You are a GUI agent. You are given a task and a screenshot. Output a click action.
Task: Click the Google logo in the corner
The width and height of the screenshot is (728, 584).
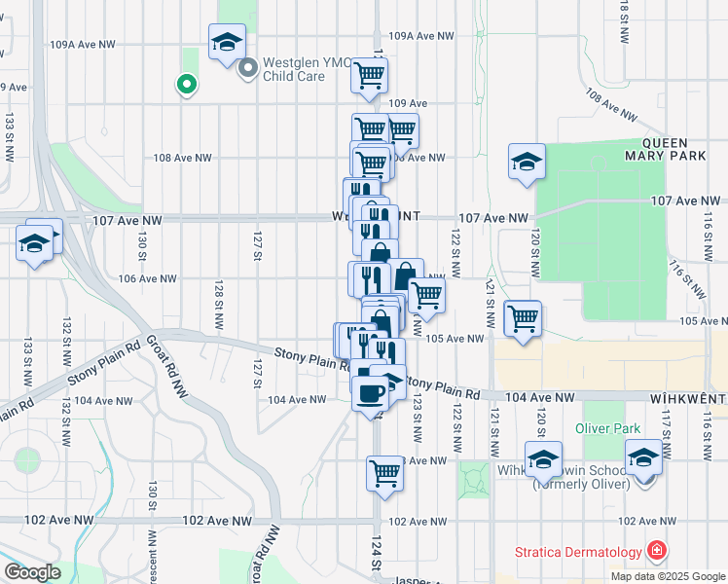point(31,572)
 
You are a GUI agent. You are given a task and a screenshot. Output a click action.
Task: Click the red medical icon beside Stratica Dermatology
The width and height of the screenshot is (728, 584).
point(658,552)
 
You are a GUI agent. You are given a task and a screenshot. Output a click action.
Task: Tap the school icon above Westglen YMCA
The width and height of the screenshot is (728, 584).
point(227,42)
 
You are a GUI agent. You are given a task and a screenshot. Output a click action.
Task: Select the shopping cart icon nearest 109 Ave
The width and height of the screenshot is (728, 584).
point(369,75)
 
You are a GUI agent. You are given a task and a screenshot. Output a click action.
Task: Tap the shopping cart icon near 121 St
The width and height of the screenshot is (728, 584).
point(524,317)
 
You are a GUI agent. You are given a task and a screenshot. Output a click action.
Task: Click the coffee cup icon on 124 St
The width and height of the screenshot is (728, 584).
point(370,394)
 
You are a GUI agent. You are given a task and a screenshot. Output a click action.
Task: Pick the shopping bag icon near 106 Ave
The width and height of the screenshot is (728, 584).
point(406,275)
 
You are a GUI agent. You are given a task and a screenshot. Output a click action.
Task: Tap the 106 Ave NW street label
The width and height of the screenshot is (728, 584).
point(147,278)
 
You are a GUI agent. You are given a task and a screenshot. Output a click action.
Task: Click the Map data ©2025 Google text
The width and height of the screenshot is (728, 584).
point(667,576)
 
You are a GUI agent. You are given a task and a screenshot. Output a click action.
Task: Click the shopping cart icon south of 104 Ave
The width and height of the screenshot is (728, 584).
point(384,474)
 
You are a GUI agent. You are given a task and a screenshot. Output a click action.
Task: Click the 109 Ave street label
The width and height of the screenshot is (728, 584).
point(408,102)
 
